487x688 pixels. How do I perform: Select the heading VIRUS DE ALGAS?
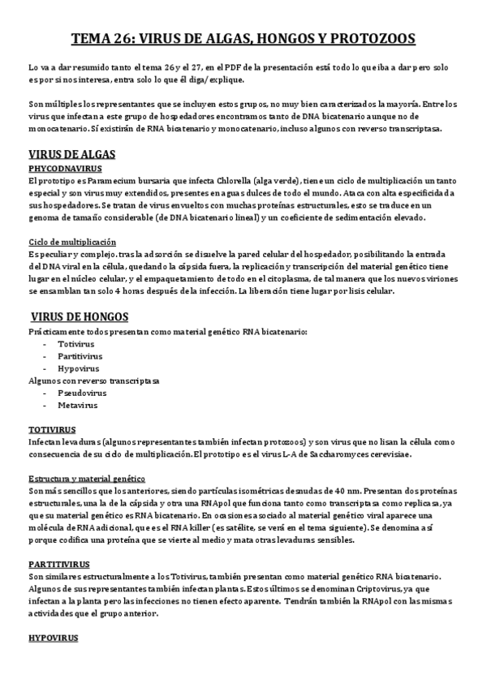click(71, 154)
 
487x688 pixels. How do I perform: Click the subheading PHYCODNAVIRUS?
click(63, 168)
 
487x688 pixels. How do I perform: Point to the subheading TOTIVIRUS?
click(52, 428)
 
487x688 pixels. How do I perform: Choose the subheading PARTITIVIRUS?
click(58, 540)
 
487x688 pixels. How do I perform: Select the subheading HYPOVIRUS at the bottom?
click(53, 639)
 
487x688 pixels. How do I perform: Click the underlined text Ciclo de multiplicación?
click(72, 242)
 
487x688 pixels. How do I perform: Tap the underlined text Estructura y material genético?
click(87, 479)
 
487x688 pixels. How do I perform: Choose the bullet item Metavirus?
click(77, 404)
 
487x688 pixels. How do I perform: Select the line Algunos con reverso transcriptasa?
click(94, 380)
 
